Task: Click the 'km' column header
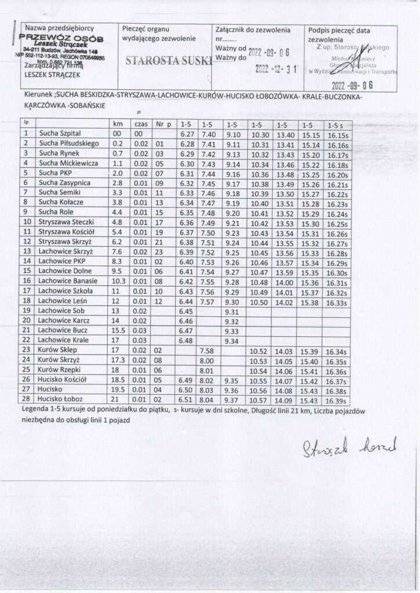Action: point(118,124)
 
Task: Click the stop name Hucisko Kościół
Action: point(61,380)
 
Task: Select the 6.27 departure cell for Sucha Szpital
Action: point(186,134)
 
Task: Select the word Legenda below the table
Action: point(36,411)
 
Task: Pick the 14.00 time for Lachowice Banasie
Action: point(284,283)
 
